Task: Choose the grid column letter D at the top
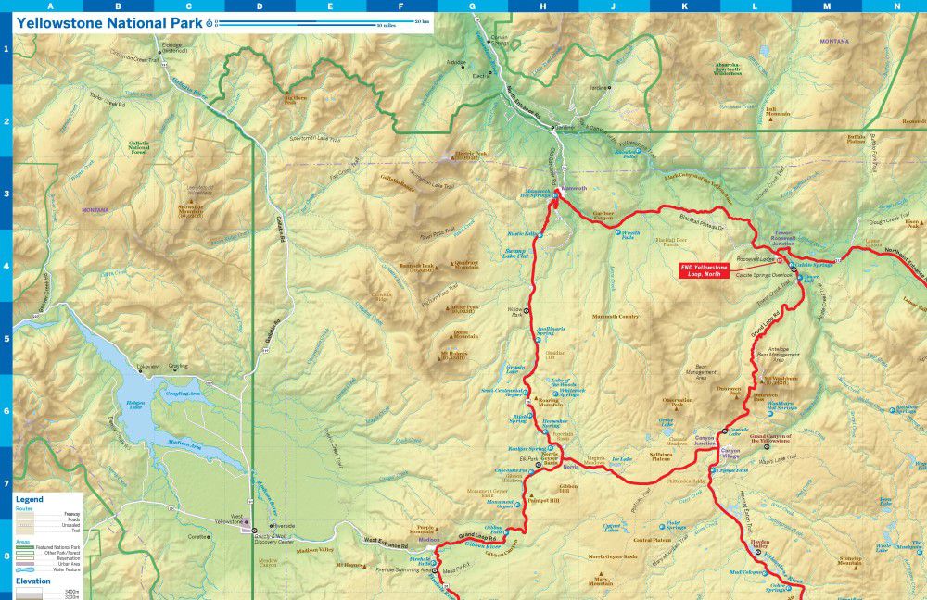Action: pyautogui.click(x=259, y=6)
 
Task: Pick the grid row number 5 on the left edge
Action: pyautogui.click(x=6, y=339)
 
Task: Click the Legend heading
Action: pyautogui.click(x=29, y=499)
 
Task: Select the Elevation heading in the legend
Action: pyautogui.click(x=33, y=581)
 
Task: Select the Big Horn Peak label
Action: pyautogui.click(x=295, y=99)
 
